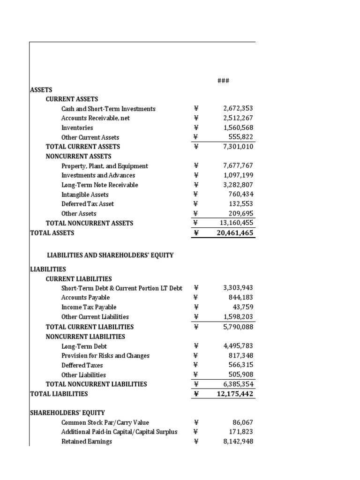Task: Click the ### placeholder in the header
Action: pos(223,81)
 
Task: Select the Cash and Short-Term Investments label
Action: pos(108,109)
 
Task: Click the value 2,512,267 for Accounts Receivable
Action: pos(238,118)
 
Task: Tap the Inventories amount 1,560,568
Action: pos(238,127)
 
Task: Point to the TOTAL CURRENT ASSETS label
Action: pos(83,147)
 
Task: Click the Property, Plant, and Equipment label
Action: pos(105,166)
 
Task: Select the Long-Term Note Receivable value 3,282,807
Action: pos(238,185)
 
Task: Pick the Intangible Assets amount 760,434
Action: pos(240,195)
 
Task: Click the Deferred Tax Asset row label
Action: pos(88,204)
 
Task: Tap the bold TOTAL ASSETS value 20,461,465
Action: pos(235,232)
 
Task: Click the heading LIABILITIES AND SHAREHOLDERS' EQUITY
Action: pos(110,255)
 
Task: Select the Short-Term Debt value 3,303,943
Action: pos(238,288)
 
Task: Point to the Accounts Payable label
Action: pos(85,297)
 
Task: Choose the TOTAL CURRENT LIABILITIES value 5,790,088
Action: pos(238,327)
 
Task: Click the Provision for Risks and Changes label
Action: pos(105,356)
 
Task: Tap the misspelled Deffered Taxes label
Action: pos(82,365)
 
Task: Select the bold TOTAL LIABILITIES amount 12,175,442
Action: pos(235,394)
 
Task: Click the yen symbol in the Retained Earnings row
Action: pos(196,441)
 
